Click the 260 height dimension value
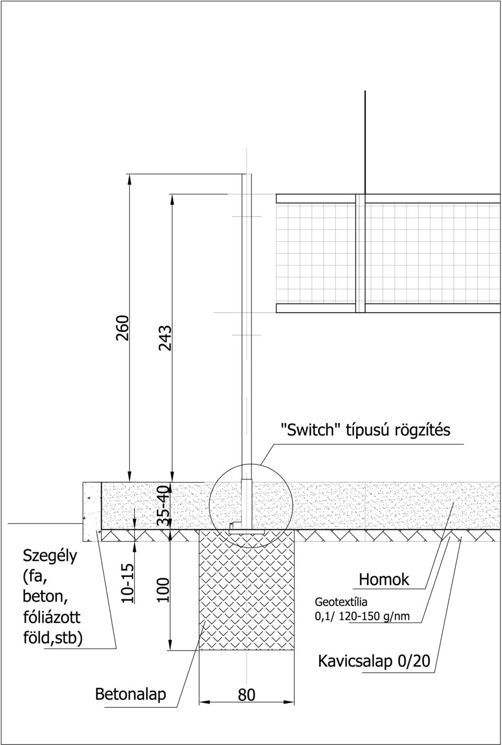point(122,328)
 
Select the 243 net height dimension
point(165,338)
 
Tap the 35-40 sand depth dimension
point(163,506)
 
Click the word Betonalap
point(130,694)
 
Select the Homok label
point(384,580)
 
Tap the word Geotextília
point(341,602)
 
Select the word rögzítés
point(423,430)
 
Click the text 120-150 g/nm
point(374,617)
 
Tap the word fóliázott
point(51,617)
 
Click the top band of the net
point(388,198)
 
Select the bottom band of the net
point(388,308)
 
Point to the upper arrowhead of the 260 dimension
point(130,179)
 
